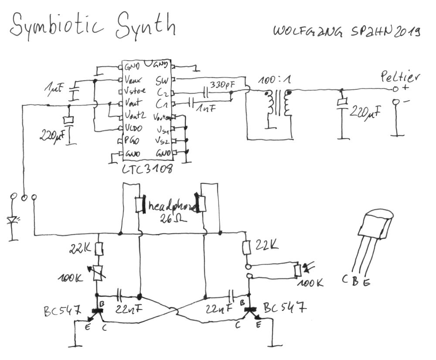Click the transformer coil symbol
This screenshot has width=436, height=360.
(x=277, y=105)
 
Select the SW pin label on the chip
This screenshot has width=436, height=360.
(x=162, y=81)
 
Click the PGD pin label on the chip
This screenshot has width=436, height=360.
(x=132, y=141)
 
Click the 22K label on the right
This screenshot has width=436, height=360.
(x=267, y=246)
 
